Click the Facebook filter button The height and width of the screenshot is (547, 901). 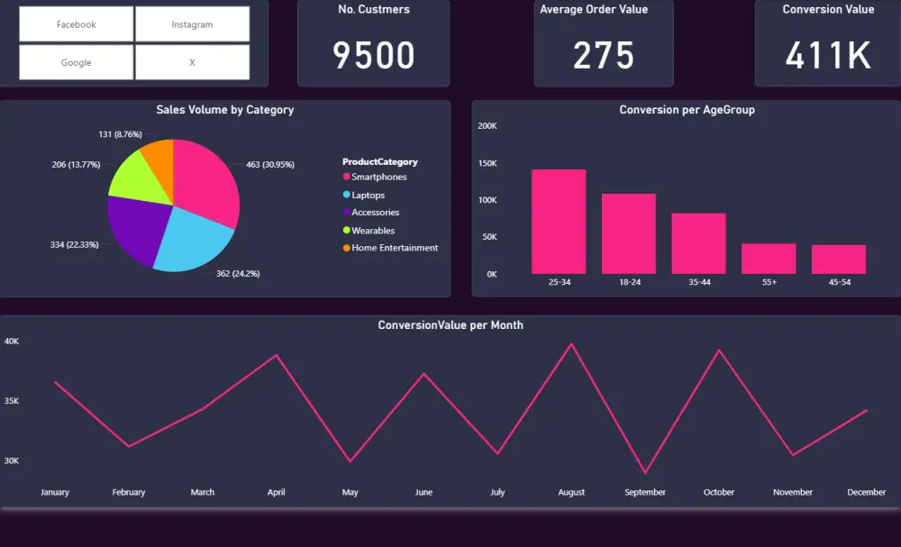coord(77,24)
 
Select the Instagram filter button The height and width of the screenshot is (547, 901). coord(192,24)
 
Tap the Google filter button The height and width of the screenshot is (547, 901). coord(77,63)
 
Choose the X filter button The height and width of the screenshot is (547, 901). coord(192,63)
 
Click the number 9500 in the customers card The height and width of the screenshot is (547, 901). coord(374,56)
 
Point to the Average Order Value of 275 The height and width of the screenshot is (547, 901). coord(604,56)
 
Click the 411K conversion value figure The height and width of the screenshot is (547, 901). coord(828,56)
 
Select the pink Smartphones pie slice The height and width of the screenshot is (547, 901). coord(206,180)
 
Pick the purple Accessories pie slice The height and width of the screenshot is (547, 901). coord(135,225)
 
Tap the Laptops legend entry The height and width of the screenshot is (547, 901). coord(368,195)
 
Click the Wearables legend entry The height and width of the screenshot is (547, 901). coord(372,231)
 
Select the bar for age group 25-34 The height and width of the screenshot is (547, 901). coord(559,222)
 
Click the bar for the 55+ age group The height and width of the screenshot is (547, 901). coord(769,259)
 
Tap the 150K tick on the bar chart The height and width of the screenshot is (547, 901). coord(487,163)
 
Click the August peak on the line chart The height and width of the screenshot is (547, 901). coord(570,344)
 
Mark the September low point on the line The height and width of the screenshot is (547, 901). coord(645,472)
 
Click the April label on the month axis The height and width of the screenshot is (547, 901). coord(277,492)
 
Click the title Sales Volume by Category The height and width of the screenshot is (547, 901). coord(224,110)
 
